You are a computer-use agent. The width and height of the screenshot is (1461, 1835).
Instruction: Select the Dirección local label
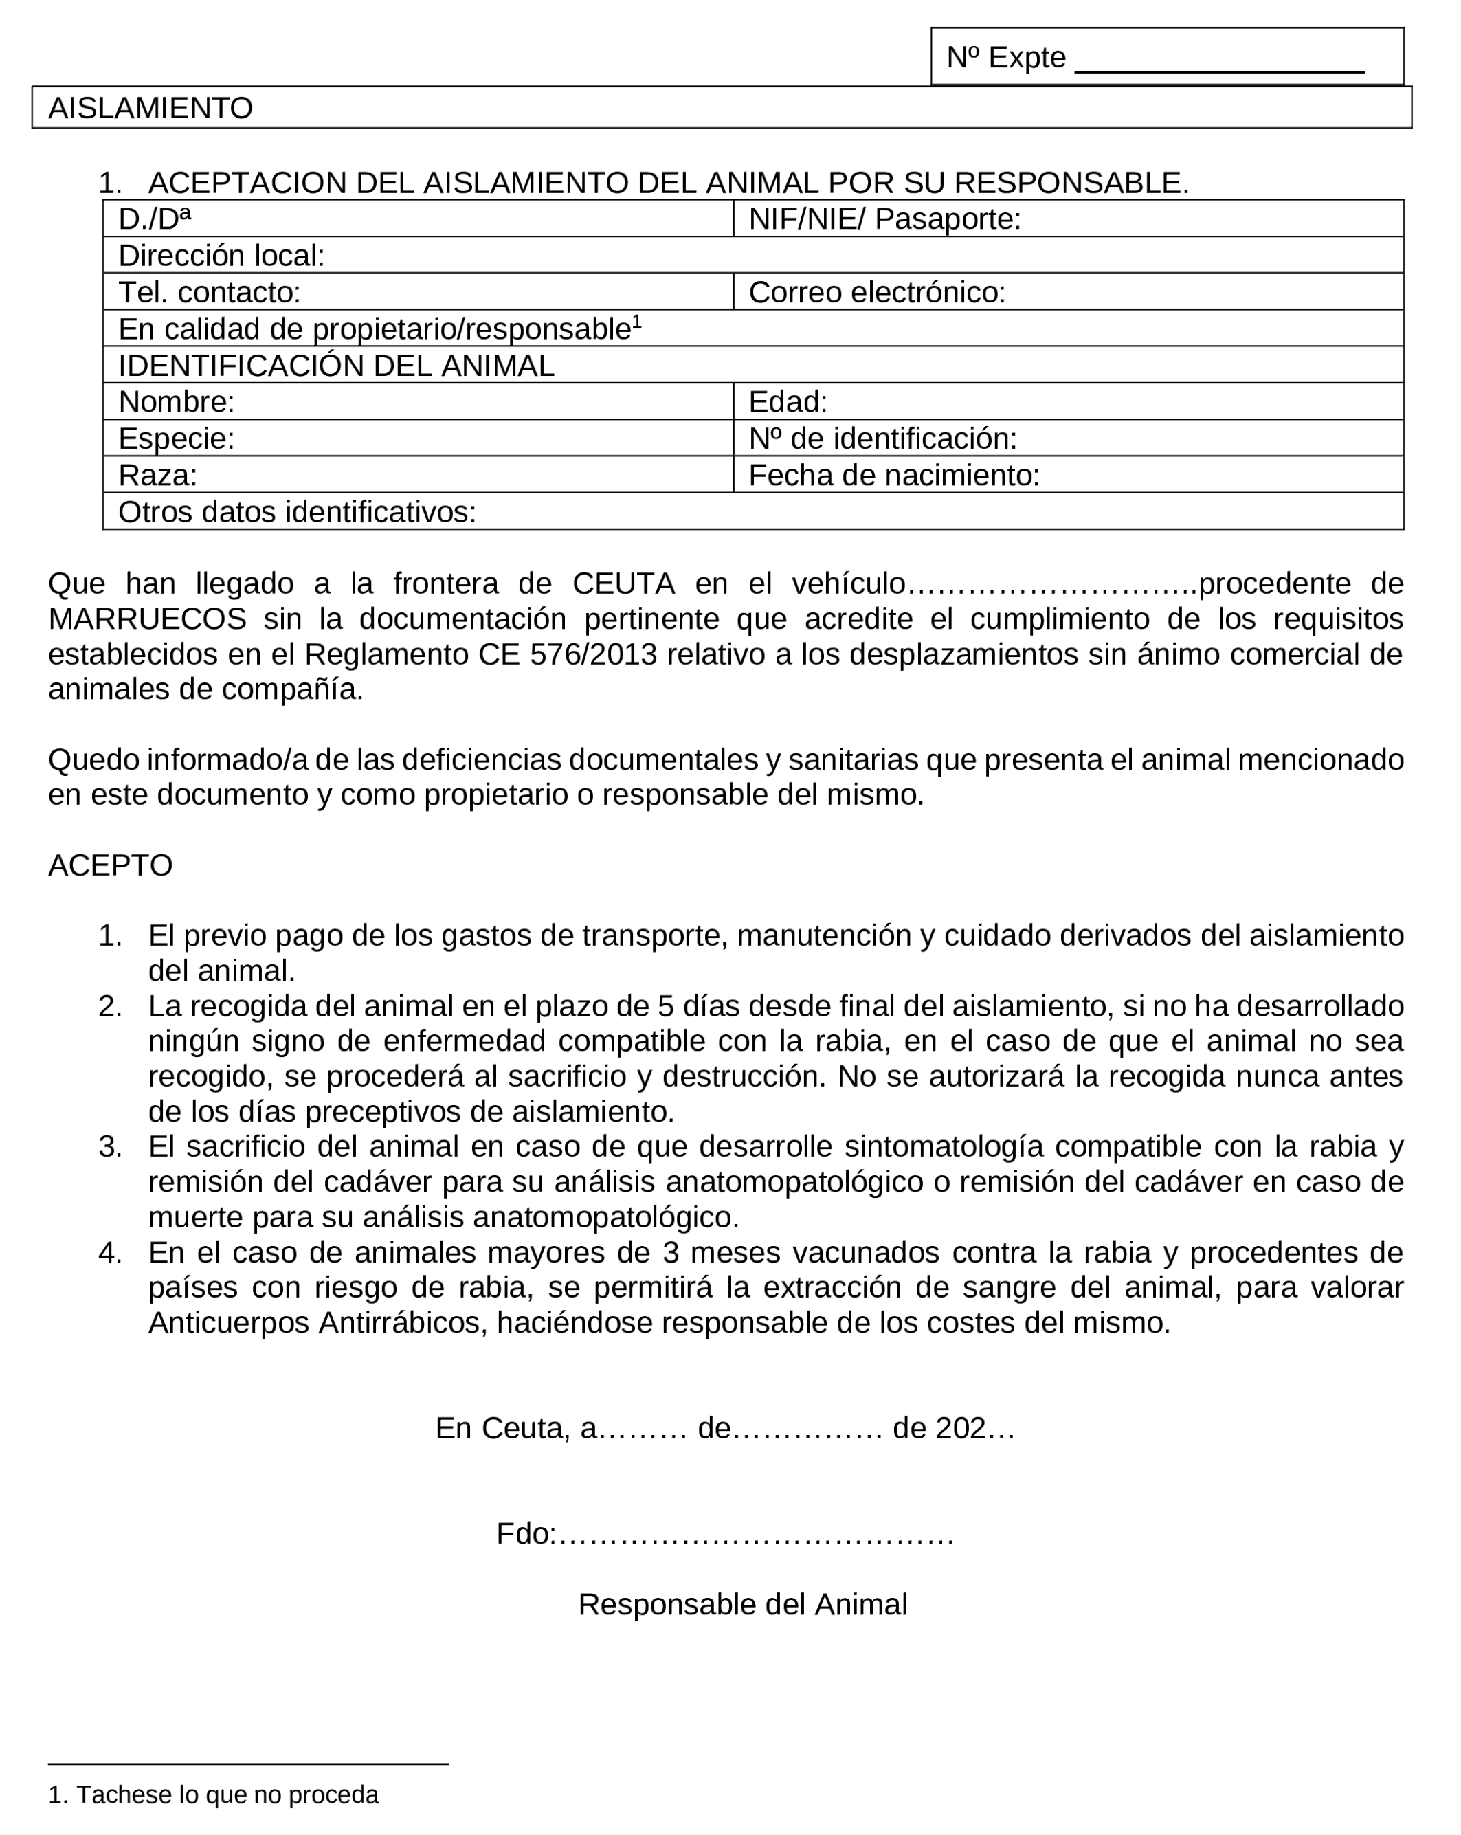[221, 256]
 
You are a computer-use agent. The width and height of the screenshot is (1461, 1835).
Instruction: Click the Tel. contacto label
[210, 292]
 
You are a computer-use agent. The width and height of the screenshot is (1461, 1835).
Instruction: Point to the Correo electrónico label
[876, 292]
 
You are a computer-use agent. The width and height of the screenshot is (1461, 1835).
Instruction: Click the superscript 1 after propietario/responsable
[637, 322]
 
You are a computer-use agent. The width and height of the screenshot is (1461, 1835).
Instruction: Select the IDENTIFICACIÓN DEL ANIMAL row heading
[336, 365]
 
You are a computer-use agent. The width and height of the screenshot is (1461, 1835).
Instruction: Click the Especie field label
[176, 438]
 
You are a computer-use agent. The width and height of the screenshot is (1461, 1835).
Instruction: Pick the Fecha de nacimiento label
[893, 475]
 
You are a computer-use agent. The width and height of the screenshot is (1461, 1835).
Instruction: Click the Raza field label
[157, 475]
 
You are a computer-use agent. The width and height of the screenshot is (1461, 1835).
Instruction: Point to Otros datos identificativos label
[297, 511]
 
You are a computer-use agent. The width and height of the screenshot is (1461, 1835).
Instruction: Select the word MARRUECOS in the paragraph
[147, 619]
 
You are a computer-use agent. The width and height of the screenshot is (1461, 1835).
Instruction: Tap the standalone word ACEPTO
[111, 865]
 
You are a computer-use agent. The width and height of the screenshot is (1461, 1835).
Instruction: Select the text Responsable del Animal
[742, 1604]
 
